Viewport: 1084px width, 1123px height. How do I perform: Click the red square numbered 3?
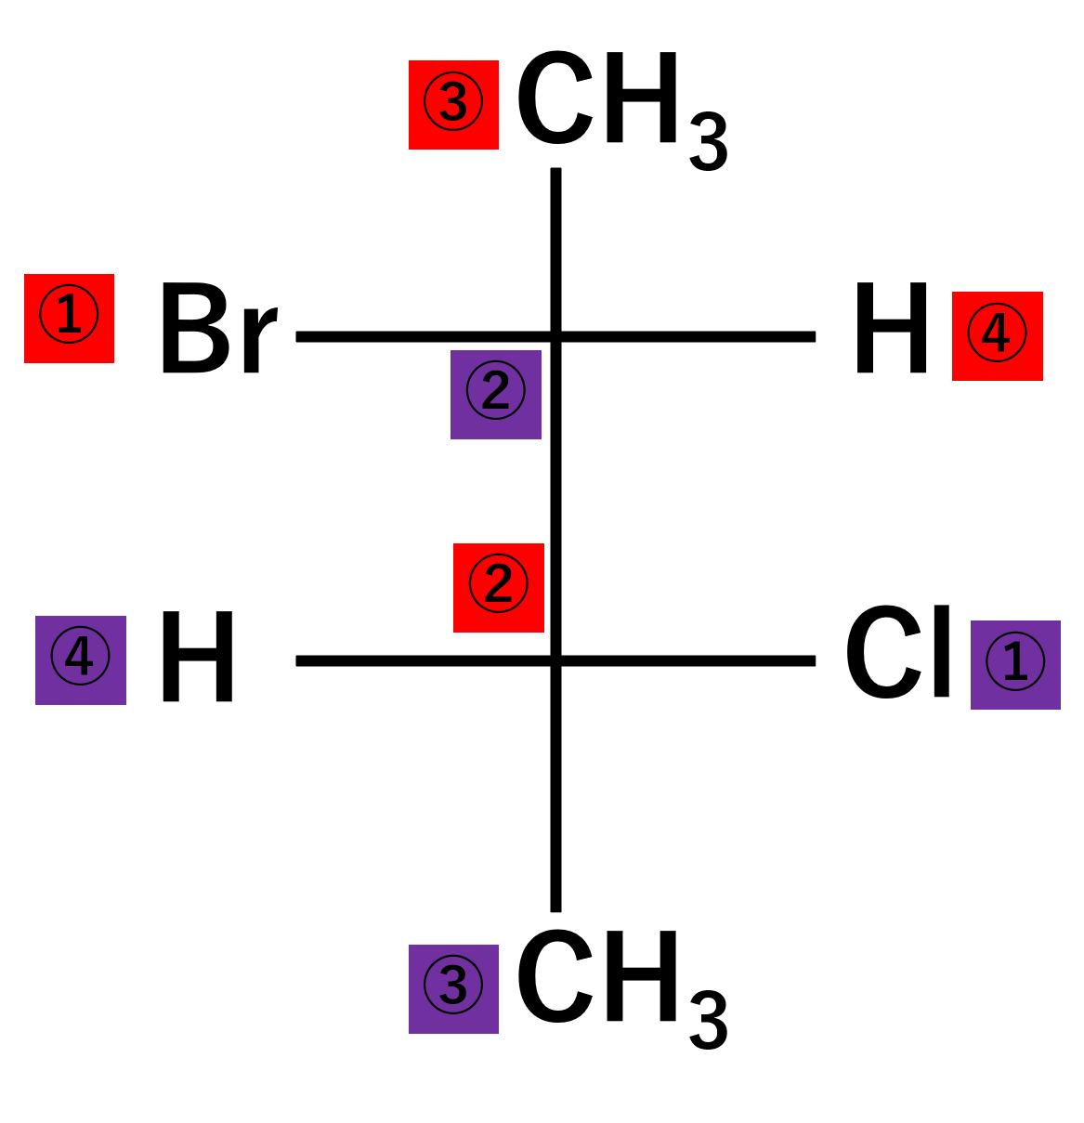[453, 105]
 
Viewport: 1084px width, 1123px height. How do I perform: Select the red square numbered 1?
[69, 319]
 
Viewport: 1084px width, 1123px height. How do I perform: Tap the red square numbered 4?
[998, 336]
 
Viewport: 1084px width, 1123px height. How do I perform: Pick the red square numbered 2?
[499, 588]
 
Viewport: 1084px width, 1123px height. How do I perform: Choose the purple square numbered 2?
[496, 395]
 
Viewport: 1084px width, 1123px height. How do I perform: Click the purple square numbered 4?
[81, 660]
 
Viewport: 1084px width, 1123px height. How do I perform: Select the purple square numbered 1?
[1015, 665]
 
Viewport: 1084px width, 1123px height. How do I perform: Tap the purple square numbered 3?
[453, 989]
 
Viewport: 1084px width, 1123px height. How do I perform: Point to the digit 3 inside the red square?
[453, 101]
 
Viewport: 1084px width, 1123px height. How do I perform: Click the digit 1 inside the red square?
[69, 314]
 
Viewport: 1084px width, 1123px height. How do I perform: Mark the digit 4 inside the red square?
[997, 333]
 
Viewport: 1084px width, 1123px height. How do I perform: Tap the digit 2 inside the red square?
[499, 583]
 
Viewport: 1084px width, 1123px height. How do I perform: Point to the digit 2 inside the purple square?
[496, 390]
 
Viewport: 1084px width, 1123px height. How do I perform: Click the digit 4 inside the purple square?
[80, 656]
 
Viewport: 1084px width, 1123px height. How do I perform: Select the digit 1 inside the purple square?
[1015, 661]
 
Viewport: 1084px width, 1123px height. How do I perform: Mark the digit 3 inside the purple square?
[453, 985]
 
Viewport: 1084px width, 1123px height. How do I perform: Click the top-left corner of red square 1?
[24, 274]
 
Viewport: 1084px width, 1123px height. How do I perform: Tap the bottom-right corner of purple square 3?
[499, 1034]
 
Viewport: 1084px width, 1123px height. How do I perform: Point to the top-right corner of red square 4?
[1043, 292]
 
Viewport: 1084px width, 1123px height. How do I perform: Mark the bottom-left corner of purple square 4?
[35, 705]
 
